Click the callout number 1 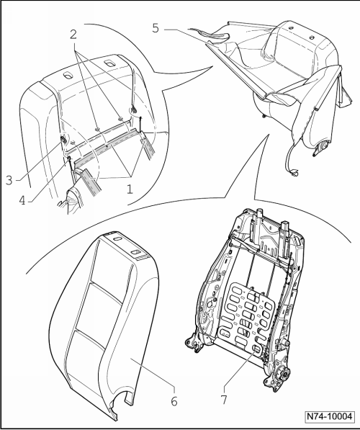pyautogui.click(x=130, y=189)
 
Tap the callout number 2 pyautogui.click(x=73, y=35)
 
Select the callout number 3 pyautogui.click(x=9, y=181)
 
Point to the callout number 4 pyautogui.click(x=22, y=200)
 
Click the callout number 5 pyautogui.click(x=156, y=28)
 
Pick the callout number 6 pyautogui.click(x=174, y=402)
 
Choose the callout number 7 pyautogui.click(x=224, y=400)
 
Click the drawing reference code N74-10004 pyautogui.click(x=329, y=416)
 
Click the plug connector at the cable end pyautogui.click(x=294, y=173)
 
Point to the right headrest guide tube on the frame pyautogui.click(x=285, y=238)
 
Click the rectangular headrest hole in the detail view pyautogui.click(x=109, y=63)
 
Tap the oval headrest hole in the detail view pyautogui.click(x=67, y=76)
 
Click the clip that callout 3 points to pyautogui.click(x=63, y=140)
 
